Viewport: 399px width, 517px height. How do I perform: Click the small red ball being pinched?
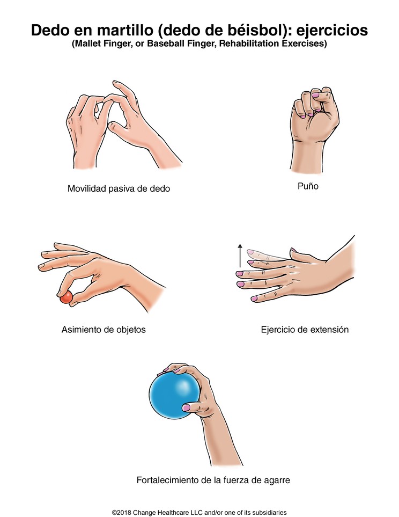66,297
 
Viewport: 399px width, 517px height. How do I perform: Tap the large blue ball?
174,395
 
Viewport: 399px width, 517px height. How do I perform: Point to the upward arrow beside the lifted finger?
240,255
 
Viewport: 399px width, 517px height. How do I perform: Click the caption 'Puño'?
308,186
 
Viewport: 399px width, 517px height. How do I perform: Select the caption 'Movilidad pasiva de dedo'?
119,188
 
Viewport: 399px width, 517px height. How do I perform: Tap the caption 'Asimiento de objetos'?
104,330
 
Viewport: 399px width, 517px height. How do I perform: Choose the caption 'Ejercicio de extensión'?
305,330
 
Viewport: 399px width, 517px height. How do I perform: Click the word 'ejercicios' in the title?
332,31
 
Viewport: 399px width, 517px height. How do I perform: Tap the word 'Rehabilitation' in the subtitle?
250,43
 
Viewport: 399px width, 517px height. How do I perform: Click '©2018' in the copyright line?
122,512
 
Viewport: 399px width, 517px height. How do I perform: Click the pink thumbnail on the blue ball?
187,407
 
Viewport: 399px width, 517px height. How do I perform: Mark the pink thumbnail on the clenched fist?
315,95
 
